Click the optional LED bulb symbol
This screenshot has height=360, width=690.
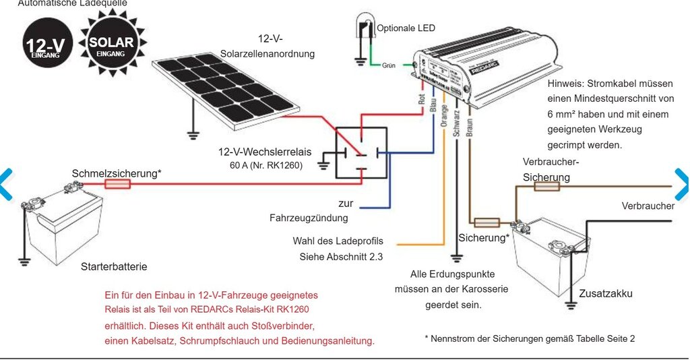click(x=365, y=31)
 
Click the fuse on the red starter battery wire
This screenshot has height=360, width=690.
click(x=118, y=183)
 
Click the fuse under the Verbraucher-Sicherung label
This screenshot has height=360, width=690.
click(x=547, y=186)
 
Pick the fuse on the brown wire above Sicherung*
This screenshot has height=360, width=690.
click(x=487, y=222)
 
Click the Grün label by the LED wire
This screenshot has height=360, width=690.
click(x=389, y=67)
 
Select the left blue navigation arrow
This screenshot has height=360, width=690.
click(x=5, y=183)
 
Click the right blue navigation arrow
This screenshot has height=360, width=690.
click(x=682, y=183)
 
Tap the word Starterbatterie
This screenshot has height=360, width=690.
click(x=114, y=267)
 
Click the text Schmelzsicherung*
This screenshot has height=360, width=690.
click(x=117, y=173)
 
